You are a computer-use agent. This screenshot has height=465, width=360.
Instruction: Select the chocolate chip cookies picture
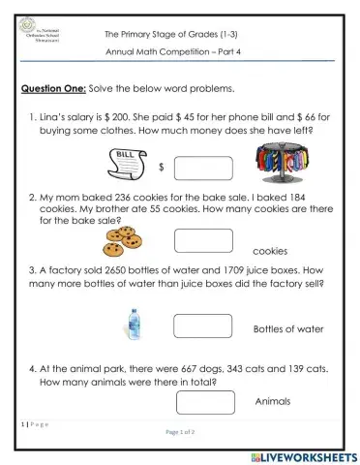coord(124,237)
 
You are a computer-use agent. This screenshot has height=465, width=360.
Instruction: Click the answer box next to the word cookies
coord(202,240)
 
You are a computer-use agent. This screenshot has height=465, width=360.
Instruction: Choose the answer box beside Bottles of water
coord(202,325)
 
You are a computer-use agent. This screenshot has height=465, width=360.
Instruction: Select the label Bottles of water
coord(288,329)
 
